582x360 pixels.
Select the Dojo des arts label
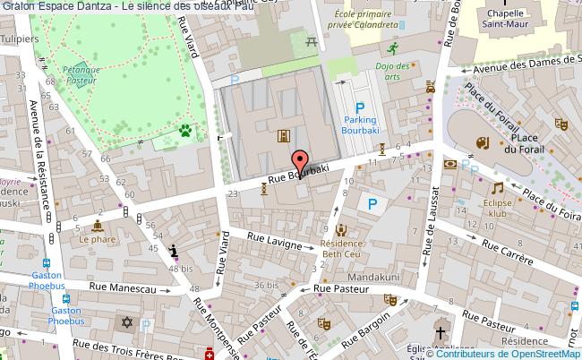[392, 71]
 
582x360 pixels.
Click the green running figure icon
[392, 48]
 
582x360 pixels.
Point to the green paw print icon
[185, 132]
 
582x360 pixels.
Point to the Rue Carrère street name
[498, 243]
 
